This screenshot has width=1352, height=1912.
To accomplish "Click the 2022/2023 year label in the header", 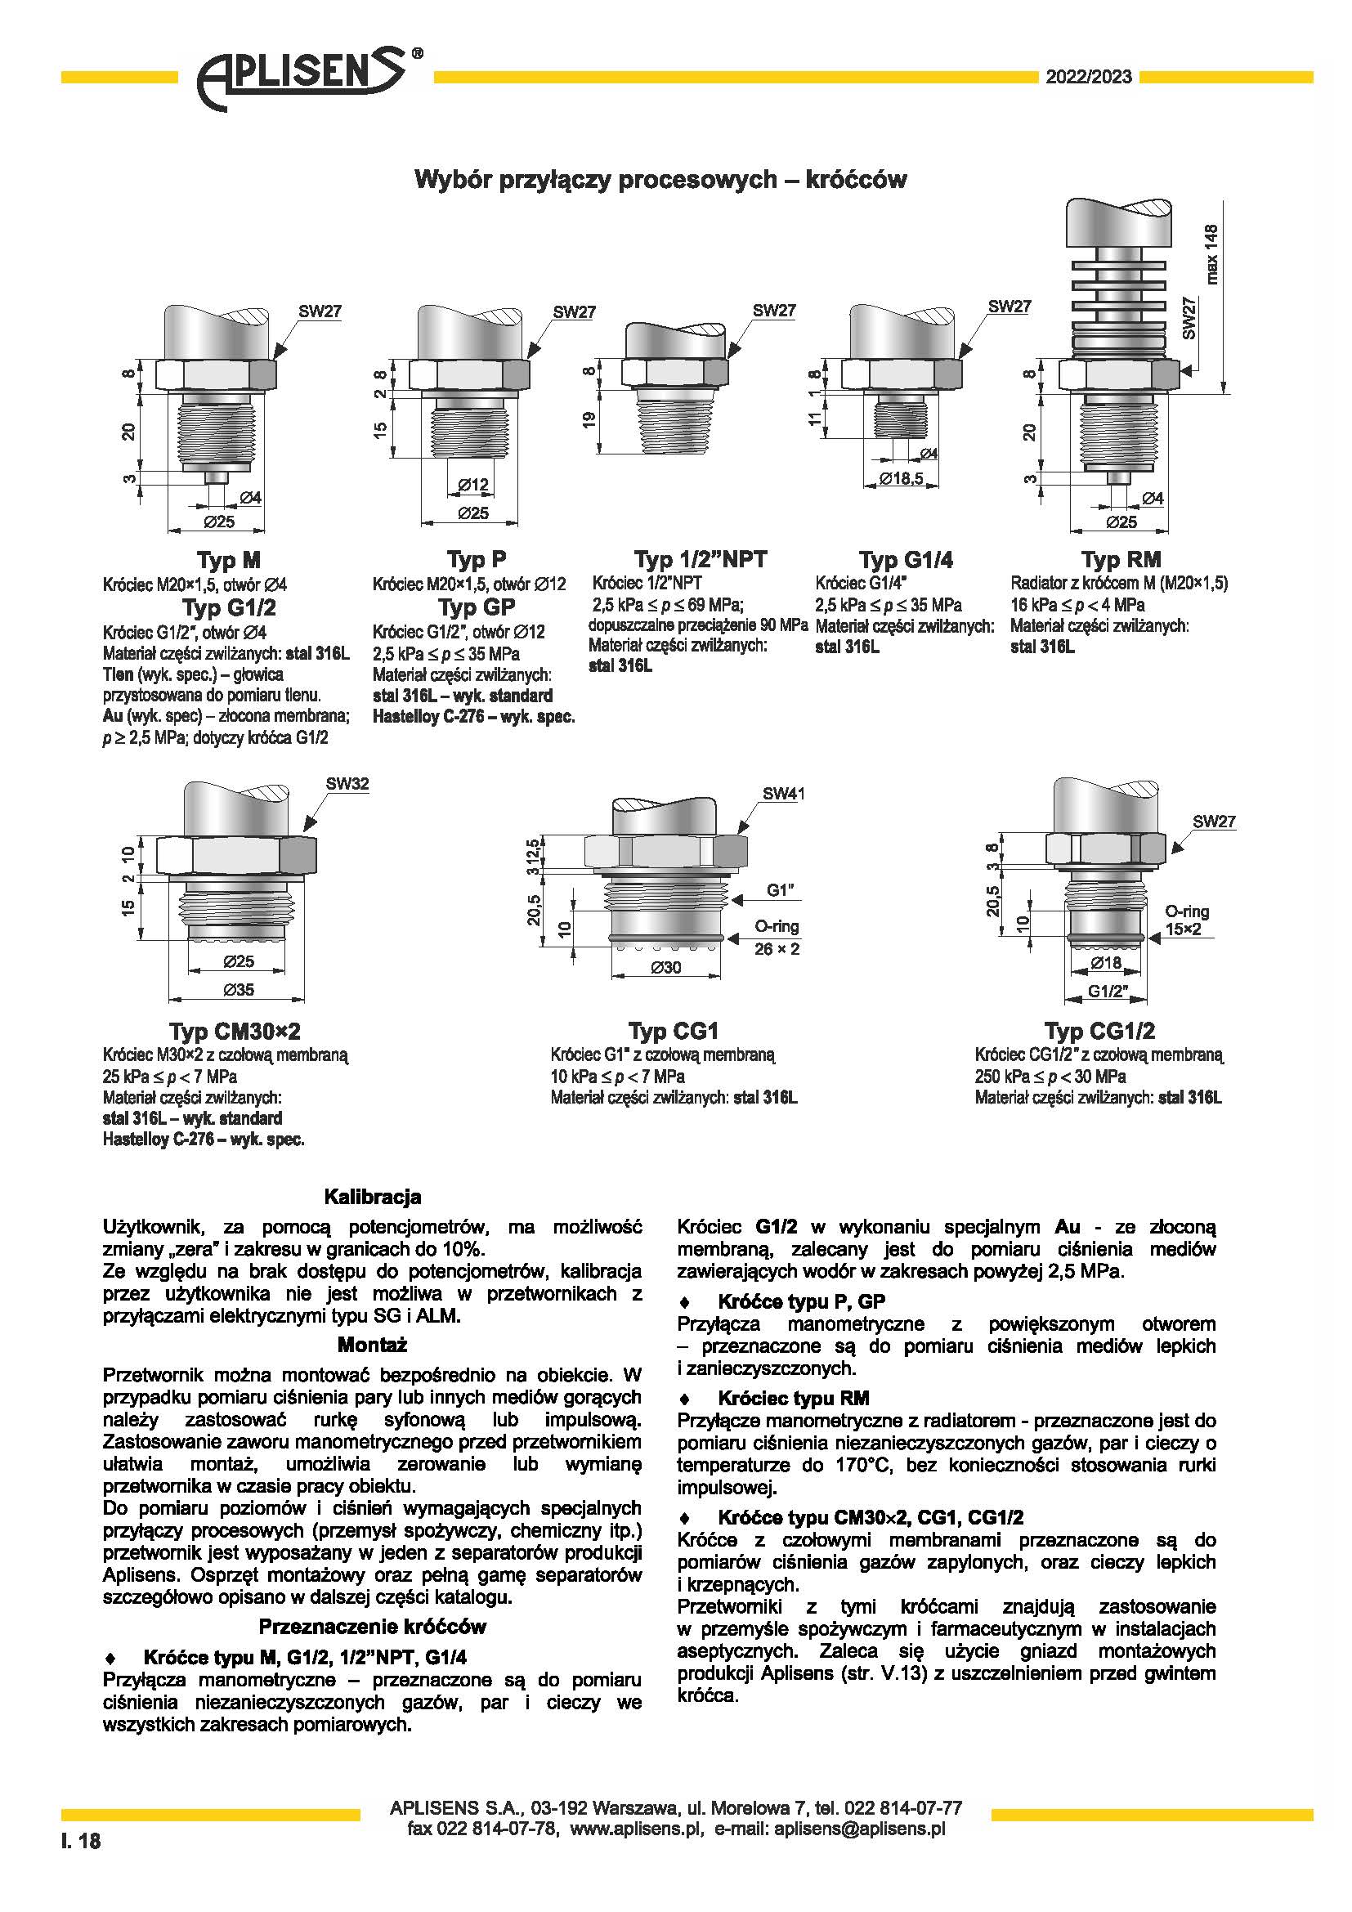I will point(1089,78).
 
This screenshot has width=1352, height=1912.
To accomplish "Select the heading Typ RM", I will point(1121,560).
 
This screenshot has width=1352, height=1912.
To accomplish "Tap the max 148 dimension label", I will point(1211,254).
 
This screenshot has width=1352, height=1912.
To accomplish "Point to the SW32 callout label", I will point(347,784).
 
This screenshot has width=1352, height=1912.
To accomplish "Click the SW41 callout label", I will point(783,794).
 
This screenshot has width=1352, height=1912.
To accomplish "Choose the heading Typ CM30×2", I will point(235,1032).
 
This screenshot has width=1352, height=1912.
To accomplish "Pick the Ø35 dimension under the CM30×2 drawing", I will point(239,990).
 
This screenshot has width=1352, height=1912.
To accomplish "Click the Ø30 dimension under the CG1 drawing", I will point(665,968).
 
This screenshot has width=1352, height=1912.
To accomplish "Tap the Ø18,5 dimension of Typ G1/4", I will point(902,479).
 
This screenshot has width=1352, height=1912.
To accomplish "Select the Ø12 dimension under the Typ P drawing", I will point(472,485).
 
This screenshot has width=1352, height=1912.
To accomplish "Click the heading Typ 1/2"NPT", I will point(701,559).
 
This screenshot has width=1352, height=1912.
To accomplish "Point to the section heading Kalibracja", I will point(372,1197).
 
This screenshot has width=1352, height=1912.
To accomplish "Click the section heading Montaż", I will point(372,1345).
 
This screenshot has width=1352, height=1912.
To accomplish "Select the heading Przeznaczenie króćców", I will point(372,1627).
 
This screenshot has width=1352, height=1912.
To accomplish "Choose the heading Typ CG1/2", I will point(1099,1032).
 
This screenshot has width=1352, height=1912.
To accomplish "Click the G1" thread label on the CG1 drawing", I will point(781,890).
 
